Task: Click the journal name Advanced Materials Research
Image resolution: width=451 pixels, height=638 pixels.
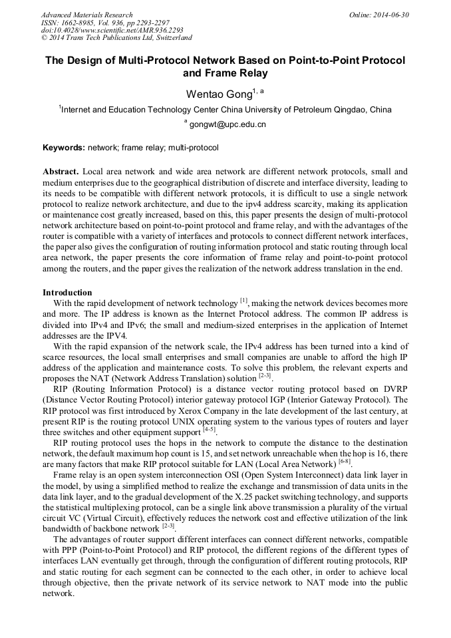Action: tap(86, 15)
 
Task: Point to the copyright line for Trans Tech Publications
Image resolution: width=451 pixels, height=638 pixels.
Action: tap(116, 38)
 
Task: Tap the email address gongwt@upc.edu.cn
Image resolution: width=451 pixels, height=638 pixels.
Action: tap(227, 124)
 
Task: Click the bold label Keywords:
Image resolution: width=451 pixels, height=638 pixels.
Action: tap(64, 148)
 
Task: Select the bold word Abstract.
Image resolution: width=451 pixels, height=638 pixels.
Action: tap(61, 171)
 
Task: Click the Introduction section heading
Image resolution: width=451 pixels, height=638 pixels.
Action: tap(67, 292)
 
